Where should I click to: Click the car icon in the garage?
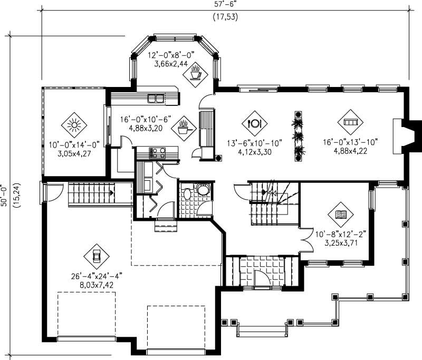click(x=97, y=256)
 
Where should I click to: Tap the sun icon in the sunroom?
click(x=73, y=125)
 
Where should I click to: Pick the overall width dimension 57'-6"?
click(x=224, y=4)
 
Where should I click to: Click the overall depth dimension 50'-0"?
click(x=5, y=190)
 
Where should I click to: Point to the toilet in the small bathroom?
click(x=202, y=190)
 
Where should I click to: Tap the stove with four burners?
click(x=158, y=153)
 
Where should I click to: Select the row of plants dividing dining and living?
click(x=299, y=136)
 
